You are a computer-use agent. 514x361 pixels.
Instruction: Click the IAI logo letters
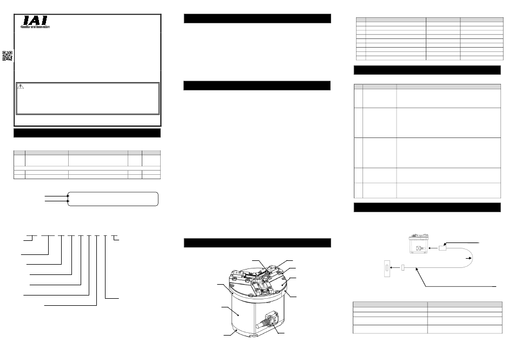point(35,21)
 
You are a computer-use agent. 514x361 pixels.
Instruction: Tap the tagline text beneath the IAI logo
point(35,27)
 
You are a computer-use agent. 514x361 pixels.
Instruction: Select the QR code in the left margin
point(7,56)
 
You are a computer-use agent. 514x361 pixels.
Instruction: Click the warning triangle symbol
point(21,87)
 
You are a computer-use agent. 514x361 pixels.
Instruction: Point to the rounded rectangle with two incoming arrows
point(113,199)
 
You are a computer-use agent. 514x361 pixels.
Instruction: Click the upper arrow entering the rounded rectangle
point(57,196)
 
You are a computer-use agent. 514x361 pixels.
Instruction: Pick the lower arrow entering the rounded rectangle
point(57,201)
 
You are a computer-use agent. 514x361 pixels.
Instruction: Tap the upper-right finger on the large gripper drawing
point(273,270)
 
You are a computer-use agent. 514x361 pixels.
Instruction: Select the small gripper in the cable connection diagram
point(419,244)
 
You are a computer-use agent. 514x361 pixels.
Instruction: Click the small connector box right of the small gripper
point(443,248)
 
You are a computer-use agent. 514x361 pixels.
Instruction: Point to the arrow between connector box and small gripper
point(433,248)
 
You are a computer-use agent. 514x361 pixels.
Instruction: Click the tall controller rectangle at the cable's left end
point(387,268)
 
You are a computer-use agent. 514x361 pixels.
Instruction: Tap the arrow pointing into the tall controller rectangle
point(396,268)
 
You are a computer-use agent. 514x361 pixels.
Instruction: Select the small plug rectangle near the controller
point(403,268)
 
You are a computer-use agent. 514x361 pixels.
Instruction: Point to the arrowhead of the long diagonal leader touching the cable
point(417,269)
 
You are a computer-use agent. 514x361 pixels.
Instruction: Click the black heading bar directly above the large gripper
point(258,243)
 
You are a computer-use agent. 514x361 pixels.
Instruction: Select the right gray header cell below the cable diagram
point(465,304)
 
